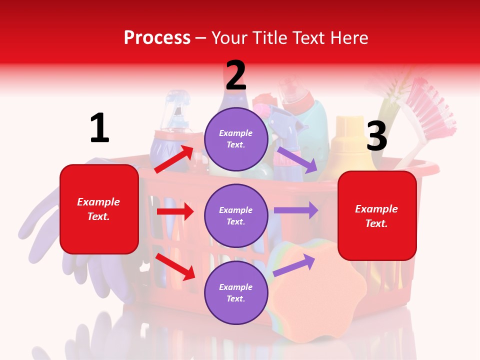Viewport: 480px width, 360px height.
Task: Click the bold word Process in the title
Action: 157,37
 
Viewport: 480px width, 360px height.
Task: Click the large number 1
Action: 99,128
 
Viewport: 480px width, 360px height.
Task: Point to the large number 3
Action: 377,136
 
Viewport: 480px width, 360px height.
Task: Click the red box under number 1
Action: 99,209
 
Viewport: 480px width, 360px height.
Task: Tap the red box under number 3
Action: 377,216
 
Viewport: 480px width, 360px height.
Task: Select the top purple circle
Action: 236,139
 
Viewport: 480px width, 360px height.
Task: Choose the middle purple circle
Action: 236,216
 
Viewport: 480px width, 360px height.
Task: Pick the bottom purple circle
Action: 236,293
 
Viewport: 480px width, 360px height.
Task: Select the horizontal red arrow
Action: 175,211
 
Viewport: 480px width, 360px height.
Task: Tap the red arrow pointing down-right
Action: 175,266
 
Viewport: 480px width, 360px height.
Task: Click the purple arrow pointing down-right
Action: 297,159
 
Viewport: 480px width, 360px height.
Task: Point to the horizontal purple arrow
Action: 296,210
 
